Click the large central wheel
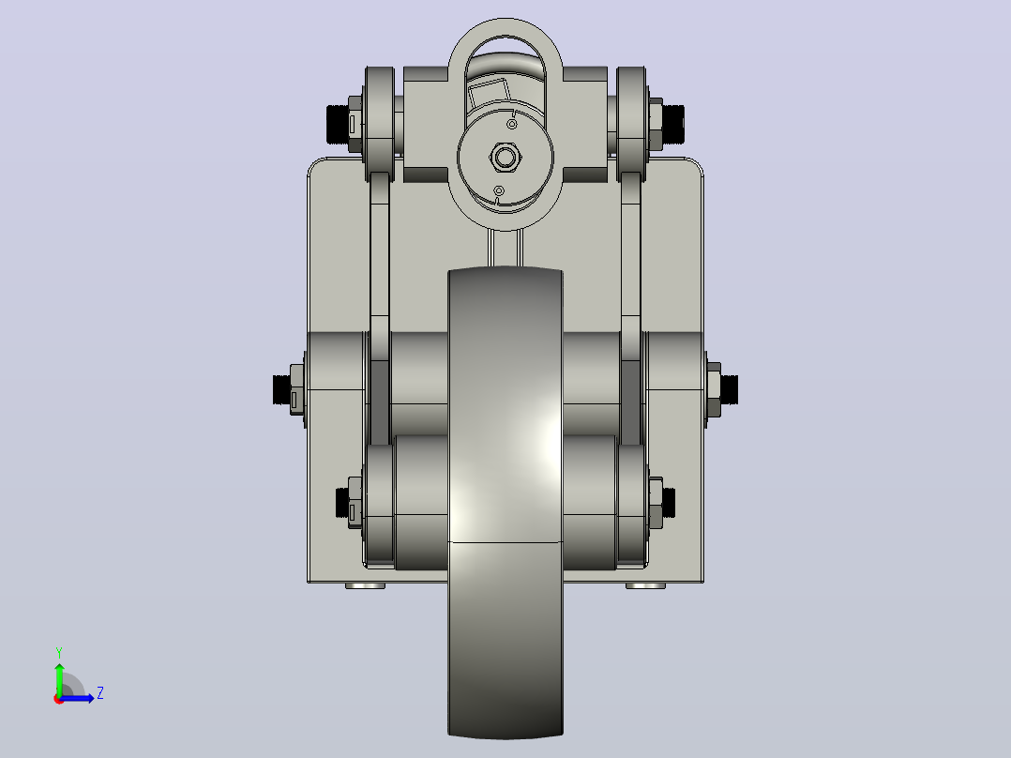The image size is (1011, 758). pos(505,502)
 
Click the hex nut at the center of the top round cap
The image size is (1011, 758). pos(505,157)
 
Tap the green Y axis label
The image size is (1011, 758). pos(59,652)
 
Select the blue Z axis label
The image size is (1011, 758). pos(100,693)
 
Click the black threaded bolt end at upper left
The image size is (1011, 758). pos(338,124)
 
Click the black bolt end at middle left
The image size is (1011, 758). pos(281,389)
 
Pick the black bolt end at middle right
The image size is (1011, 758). pos(730,388)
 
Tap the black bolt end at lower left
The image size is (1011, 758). pos(342,503)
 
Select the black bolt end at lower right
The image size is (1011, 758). pos(670,502)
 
